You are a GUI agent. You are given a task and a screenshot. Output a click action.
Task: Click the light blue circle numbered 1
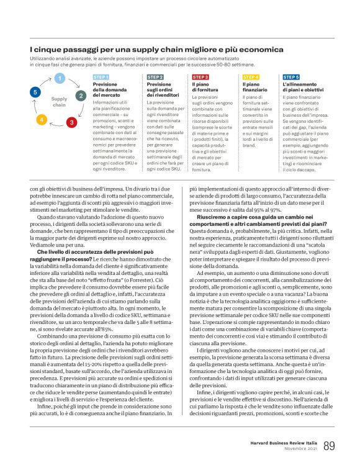[x=60, y=78]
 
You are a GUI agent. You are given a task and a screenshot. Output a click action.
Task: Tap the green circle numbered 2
[x=80, y=96]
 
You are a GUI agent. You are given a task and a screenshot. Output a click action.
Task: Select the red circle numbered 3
[x=71, y=122]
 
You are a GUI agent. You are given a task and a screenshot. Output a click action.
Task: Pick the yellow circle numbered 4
[x=42, y=119]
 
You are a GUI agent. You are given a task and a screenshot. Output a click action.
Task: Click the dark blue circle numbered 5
[x=35, y=92]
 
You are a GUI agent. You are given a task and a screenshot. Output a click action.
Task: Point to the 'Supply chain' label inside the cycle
[x=59, y=101]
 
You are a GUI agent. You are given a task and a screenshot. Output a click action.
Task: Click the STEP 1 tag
[x=101, y=77]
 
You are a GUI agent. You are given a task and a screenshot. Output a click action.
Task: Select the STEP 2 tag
[x=155, y=77]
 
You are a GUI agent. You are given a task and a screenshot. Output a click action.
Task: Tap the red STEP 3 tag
[x=200, y=77]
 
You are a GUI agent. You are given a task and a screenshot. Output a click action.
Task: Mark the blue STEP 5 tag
[x=291, y=77]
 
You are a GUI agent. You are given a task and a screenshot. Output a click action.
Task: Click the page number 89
[x=329, y=446]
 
